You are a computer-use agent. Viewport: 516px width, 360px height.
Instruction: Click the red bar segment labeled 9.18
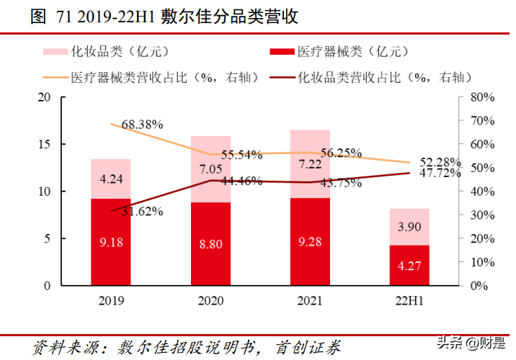110,242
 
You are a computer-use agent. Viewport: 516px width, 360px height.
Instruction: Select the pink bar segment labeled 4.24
110,179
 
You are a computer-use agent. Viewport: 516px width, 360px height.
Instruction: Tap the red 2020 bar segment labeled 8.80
210,243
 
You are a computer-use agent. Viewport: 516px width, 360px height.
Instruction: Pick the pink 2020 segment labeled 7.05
210,168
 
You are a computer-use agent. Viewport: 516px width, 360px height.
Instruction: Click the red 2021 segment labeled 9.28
310,242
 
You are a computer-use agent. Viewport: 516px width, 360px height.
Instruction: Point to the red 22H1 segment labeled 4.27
409,265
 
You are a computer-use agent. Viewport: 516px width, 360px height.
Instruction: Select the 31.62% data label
140,212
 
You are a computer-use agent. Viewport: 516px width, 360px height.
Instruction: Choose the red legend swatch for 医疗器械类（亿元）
280,51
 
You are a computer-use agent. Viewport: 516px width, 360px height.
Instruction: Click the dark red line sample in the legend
280,77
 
